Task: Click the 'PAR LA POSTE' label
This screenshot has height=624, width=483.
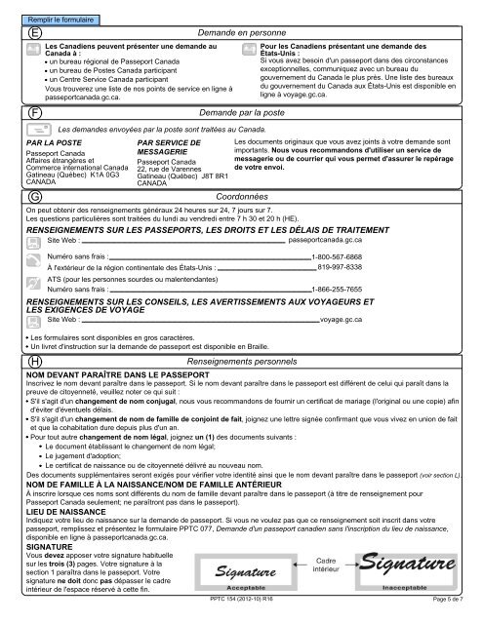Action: click(53, 142)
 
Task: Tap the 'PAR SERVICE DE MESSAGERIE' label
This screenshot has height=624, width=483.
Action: click(171, 146)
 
